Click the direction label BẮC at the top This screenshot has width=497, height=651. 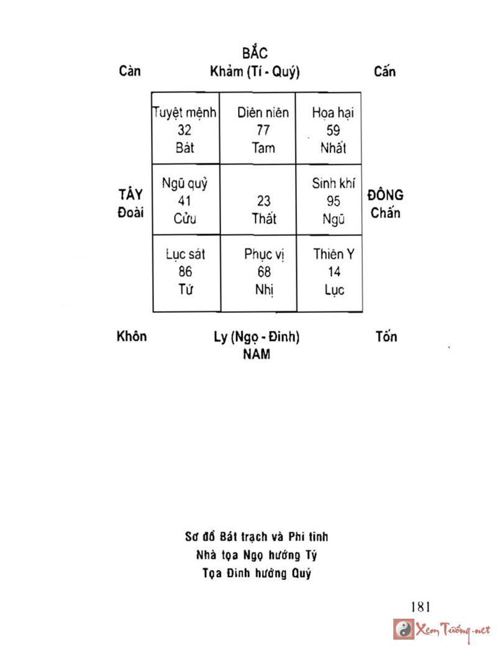tap(255, 53)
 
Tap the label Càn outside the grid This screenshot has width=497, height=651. tap(130, 71)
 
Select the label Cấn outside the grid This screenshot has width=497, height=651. tap(385, 71)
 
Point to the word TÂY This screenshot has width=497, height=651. tap(130, 194)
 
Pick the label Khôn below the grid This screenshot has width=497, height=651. tap(132, 337)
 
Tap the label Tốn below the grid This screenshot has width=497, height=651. tap(386, 337)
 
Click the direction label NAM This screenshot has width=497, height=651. tap(256, 355)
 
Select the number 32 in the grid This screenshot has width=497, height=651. tap(185, 130)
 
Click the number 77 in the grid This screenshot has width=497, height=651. tap(263, 130)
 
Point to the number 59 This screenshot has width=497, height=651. tap(333, 130)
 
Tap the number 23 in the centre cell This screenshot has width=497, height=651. tap(264, 201)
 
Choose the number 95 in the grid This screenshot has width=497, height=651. tap(333, 201)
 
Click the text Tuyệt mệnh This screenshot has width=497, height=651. tap(185, 113)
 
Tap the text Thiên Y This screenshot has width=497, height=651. tap(334, 254)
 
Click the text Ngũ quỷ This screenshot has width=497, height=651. tap(185, 184)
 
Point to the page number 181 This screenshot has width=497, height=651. tap(421, 606)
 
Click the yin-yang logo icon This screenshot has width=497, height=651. tap(404, 629)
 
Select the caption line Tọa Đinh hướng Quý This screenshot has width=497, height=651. tap(257, 573)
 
